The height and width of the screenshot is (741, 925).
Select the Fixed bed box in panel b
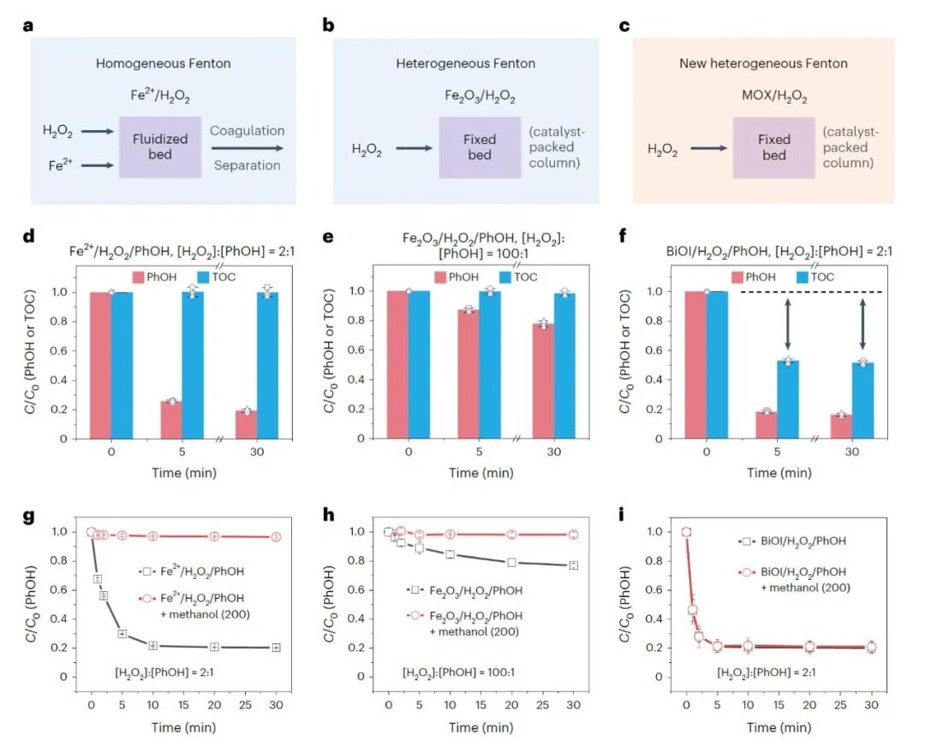(x=480, y=146)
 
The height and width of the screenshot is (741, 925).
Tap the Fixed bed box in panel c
(x=773, y=146)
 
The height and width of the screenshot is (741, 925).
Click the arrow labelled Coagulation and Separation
(x=247, y=147)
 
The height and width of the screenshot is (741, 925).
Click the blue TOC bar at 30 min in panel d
(x=269, y=366)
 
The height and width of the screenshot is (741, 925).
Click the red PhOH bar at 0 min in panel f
(x=695, y=366)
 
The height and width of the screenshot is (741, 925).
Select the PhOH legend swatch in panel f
(x=743, y=277)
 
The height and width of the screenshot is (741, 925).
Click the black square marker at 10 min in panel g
(x=153, y=645)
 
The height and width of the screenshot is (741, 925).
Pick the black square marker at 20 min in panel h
(x=510, y=562)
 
